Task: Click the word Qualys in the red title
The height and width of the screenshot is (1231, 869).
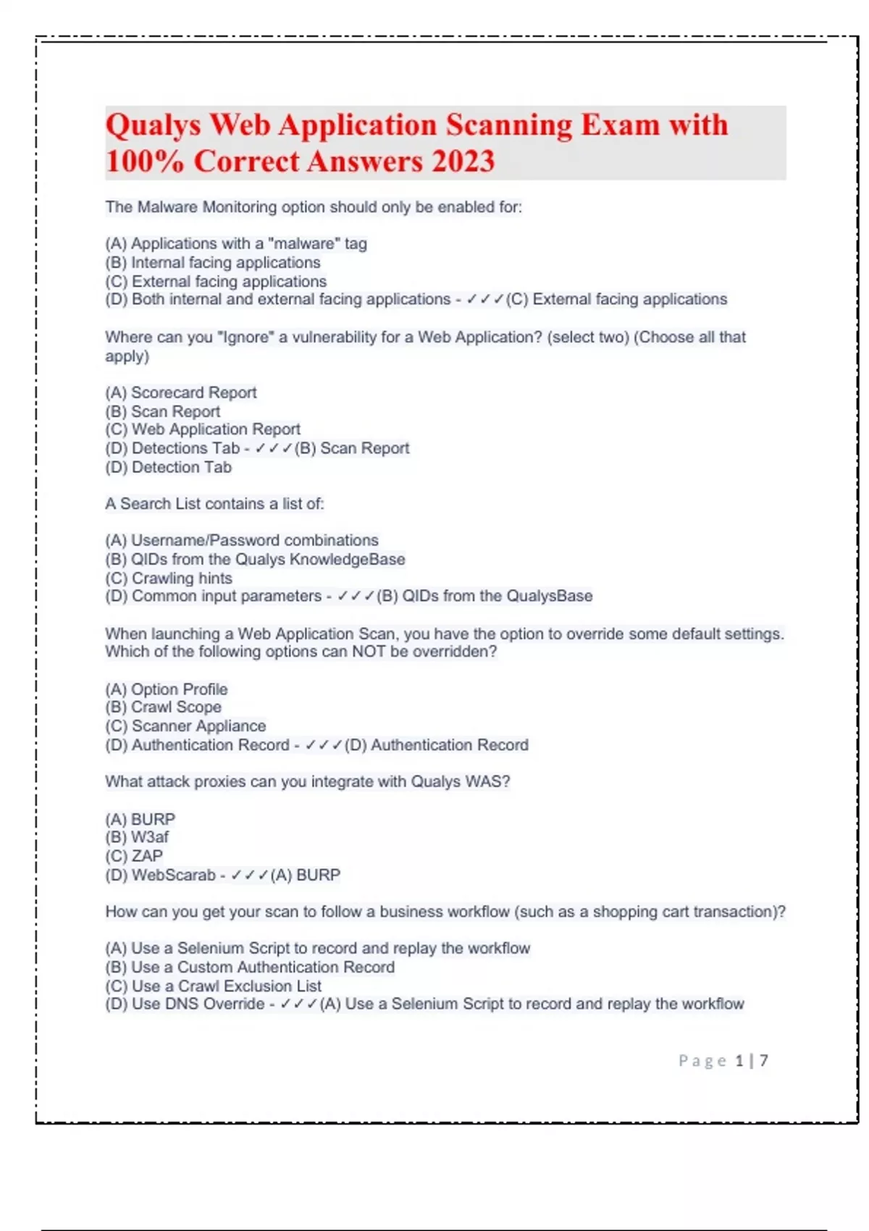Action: pyautogui.click(x=153, y=125)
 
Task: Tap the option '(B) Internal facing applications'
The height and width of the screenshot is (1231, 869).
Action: pyautogui.click(x=212, y=262)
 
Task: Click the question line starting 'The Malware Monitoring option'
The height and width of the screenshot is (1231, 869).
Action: pyautogui.click(x=313, y=207)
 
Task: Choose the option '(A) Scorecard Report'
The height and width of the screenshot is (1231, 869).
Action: pyautogui.click(x=181, y=392)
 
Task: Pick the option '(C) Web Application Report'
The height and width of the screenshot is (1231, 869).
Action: pyautogui.click(x=203, y=429)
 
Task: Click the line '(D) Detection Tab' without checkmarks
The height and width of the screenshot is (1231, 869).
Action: pyautogui.click(x=168, y=467)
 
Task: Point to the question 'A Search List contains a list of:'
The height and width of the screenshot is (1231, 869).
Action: pyautogui.click(x=214, y=503)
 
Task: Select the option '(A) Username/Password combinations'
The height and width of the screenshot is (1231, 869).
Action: pyautogui.click(x=242, y=540)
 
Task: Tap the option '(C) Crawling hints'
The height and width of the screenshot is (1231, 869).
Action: pyautogui.click(x=169, y=578)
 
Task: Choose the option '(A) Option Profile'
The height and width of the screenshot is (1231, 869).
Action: pyautogui.click(x=167, y=689)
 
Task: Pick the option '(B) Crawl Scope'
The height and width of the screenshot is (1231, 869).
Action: pyautogui.click(x=164, y=707)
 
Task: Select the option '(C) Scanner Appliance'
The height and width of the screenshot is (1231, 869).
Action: pyautogui.click(x=185, y=726)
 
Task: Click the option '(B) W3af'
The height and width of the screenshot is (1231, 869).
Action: pyautogui.click(x=137, y=837)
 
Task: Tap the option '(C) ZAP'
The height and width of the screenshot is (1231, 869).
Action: pyautogui.click(x=134, y=856)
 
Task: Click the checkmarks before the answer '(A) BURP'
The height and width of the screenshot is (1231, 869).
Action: pyautogui.click(x=249, y=875)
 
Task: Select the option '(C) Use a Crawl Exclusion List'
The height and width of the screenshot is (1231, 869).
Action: pyautogui.click(x=213, y=986)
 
